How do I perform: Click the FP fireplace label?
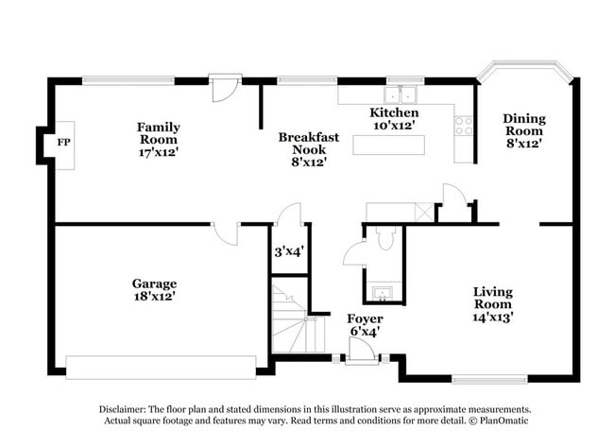click(64, 143)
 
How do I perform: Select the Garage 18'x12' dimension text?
click(154, 296)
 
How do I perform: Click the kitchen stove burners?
click(464, 125)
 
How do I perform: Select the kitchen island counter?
click(389, 145)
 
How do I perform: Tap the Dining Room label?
click(523, 125)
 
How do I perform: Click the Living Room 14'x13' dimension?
click(493, 318)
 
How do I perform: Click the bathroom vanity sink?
click(384, 291)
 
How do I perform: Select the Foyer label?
click(364, 318)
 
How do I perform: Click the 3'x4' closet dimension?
click(288, 251)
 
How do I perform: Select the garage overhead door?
click(161, 366)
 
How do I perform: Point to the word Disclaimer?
click(123, 408)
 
